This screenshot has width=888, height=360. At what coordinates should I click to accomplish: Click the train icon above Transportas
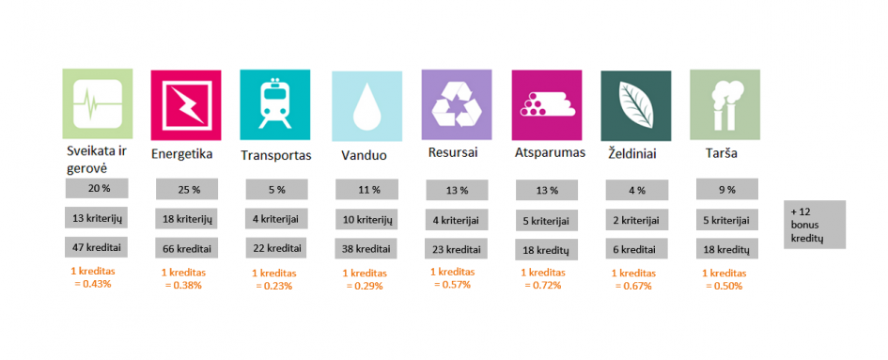(x=274, y=105)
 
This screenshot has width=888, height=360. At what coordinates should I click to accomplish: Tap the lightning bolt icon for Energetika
(x=186, y=105)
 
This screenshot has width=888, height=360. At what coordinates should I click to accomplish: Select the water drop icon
(x=367, y=106)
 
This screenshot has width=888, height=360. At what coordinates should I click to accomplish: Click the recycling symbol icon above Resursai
(x=457, y=105)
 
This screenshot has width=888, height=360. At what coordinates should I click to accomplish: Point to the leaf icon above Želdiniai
(x=636, y=105)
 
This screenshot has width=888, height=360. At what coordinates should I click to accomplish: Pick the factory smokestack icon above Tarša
(x=724, y=105)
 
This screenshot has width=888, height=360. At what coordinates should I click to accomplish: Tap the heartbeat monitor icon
(x=98, y=103)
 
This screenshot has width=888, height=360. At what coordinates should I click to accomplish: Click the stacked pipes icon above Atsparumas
(x=547, y=105)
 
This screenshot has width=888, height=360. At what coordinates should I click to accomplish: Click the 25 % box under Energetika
(x=187, y=189)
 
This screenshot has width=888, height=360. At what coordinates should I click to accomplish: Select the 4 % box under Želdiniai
(x=636, y=190)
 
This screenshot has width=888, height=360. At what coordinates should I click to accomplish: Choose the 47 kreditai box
(x=96, y=247)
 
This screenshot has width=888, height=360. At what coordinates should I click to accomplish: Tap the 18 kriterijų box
(x=187, y=219)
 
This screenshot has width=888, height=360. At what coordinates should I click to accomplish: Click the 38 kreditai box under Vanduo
(x=366, y=248)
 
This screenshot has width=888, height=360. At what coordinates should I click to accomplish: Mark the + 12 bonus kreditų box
(x=815, y=225)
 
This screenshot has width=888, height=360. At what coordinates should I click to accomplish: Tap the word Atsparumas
(x=550, y=153)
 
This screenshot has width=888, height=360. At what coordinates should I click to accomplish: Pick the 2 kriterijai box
(x=636, y=219)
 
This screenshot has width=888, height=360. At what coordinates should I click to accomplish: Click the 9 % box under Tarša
(x=727, y=189)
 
